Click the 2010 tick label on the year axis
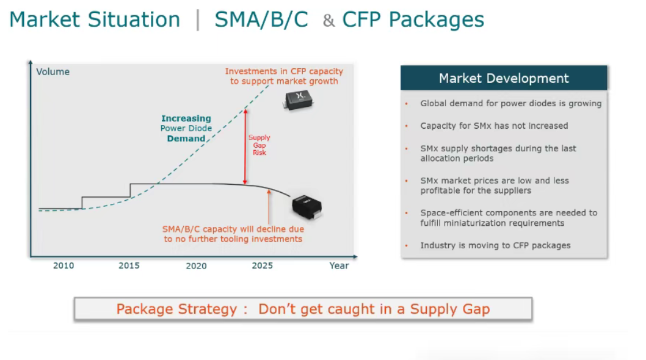point(64,265)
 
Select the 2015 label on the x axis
point(129,265)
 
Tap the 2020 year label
point(196,265)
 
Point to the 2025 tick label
point(263,265)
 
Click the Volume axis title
point(53,71)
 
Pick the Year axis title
point(339,265)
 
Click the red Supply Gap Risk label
point(259,145)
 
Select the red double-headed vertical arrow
point(245,146)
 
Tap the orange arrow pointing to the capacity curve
point(269,206)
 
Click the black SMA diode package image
point(307,207)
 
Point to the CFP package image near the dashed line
point(299,100)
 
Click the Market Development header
point(504,78)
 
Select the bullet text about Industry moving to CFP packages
point(495,245)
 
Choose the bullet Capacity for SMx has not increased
point(494,126)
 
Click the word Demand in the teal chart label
point(186,139)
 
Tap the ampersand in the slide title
point(328,21)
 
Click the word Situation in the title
point(134,20)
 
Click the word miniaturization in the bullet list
point(492,223)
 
